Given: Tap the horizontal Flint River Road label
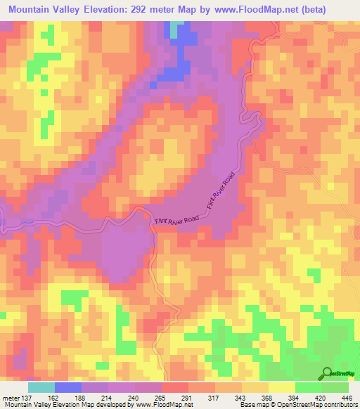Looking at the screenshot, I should (x=176, y=221).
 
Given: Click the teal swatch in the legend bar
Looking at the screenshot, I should (x=41, y=387).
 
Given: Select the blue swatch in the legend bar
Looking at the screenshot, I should (x=68, y=387).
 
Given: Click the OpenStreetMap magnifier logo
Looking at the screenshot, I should (x=325, y=372).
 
